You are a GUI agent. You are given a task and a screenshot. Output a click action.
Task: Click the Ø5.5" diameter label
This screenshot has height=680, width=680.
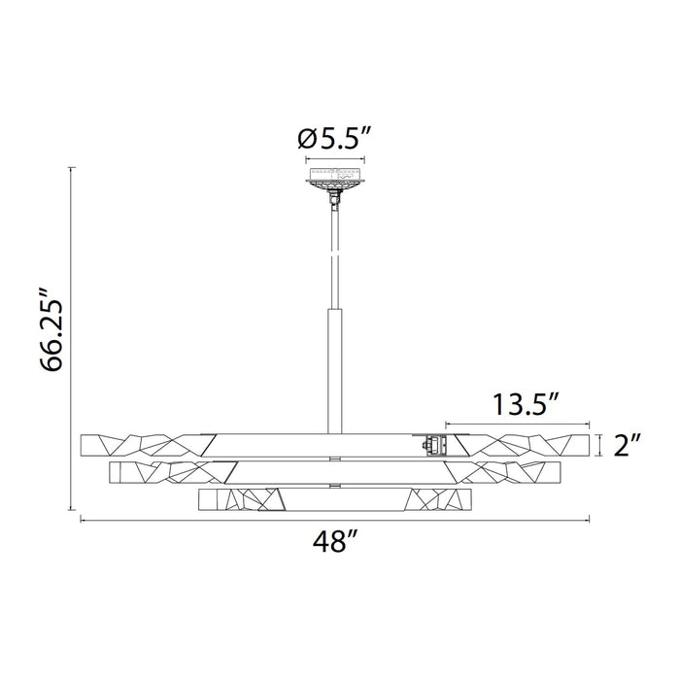334,139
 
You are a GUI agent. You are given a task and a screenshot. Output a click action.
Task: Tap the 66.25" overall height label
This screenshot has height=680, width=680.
54,329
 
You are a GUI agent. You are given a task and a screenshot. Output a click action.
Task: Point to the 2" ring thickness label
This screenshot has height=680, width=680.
629,445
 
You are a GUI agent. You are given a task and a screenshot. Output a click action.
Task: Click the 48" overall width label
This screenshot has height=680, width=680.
333,543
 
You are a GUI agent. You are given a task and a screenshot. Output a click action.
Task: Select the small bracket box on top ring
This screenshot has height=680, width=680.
431,445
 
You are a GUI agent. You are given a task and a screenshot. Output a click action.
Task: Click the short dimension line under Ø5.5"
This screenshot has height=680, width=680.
334,158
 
